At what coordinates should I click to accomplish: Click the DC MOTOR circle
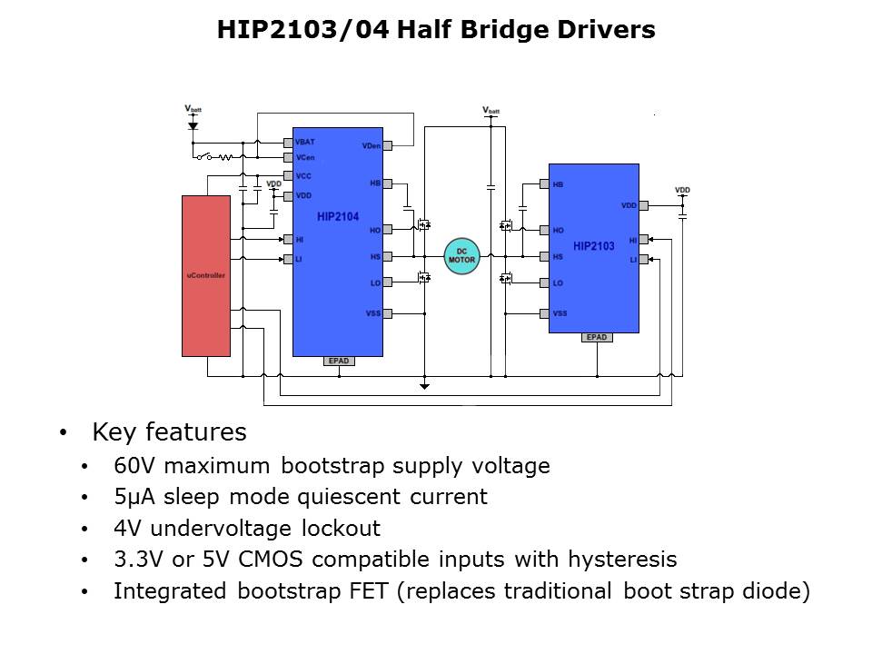pos(461,256)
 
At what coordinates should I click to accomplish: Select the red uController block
pos(206,276)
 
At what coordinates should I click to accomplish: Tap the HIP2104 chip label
pos(338,217)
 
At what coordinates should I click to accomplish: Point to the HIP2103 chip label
pos(593,246)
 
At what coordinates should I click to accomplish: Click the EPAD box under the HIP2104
pos(339,361)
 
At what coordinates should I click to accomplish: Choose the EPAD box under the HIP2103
pos(597,337)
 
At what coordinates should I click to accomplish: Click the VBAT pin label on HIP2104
pos(305,142)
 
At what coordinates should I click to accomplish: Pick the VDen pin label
pos(371,145)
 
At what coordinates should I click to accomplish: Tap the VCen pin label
pos(305,157)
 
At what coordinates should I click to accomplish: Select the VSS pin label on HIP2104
pos(373,313)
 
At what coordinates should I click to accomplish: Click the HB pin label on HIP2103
pos(558,184)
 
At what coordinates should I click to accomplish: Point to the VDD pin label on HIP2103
pos(629,205)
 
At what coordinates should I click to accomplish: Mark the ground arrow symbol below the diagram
pos(424,386)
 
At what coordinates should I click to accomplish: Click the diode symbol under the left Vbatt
pos(193,126)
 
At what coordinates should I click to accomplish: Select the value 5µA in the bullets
pos(134,497)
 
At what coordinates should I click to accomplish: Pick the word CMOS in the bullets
pos(271,559)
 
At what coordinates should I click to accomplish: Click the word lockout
pos(341,528)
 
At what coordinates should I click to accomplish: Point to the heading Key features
pos(169,432)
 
